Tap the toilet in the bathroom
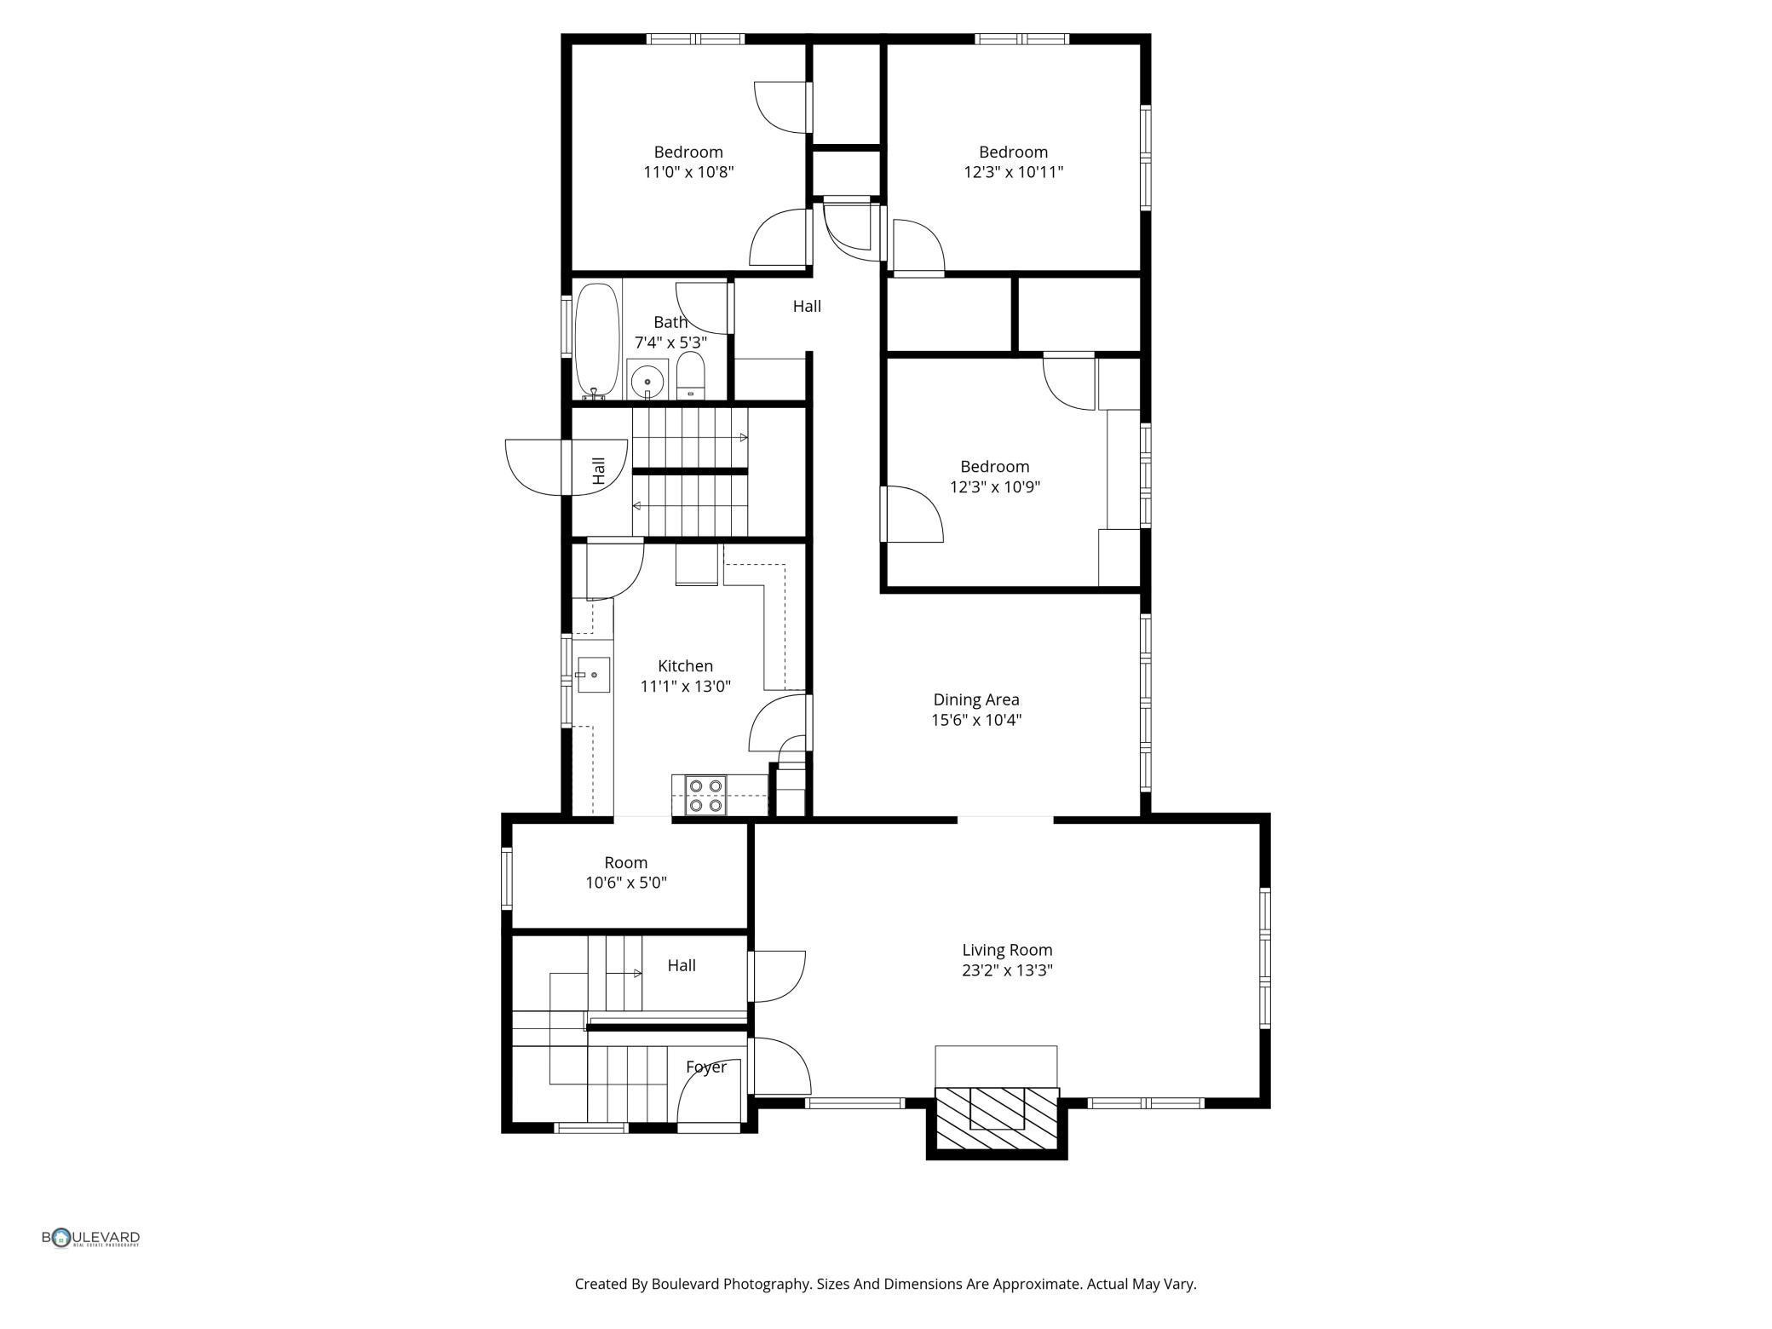(691, 377)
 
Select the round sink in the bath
(647, 381)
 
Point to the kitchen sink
(594, 675)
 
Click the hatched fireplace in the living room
(997, 1119)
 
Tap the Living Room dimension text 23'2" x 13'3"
(1007, 969)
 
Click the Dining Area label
(975, 699)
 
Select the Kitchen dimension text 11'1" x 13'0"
(685, 686)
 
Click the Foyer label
(706, 1067)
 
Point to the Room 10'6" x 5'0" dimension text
(625, 883)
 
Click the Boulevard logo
(91, 1238)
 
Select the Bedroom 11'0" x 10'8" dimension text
(688, 172)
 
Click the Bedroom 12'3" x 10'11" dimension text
(1013, 172)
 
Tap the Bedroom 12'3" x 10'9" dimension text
(994, 487)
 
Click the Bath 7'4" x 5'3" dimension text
(670, 342)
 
